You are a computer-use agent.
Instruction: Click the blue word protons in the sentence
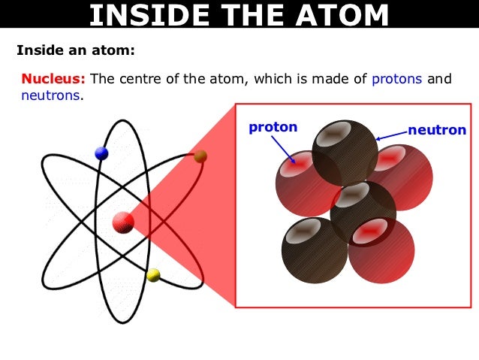[397, 78]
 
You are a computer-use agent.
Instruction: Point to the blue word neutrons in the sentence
[50, 96]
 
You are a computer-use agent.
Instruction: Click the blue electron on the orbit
[101, 153]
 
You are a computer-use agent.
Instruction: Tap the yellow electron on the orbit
[153, 274]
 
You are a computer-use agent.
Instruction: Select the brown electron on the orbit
[200, 156]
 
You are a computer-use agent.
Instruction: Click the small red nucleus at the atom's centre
[123, 222]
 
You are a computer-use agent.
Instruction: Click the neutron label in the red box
[436, 130]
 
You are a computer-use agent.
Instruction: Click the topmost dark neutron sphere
[345, 152]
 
